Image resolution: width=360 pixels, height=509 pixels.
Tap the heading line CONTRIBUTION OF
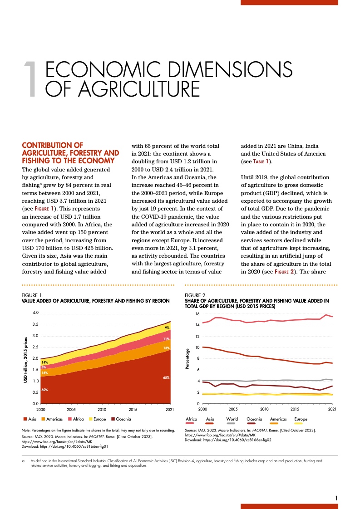52,145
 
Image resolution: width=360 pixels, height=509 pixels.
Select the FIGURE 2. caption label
196,295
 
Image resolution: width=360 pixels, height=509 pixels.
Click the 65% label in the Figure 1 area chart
166,377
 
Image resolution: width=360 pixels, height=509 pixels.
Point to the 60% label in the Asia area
44,390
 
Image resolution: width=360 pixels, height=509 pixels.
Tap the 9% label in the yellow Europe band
167,328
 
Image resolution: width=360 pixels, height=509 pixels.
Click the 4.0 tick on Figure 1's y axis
35,313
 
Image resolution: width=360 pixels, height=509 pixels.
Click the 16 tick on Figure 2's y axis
197,314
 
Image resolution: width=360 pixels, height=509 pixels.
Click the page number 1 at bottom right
336,498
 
